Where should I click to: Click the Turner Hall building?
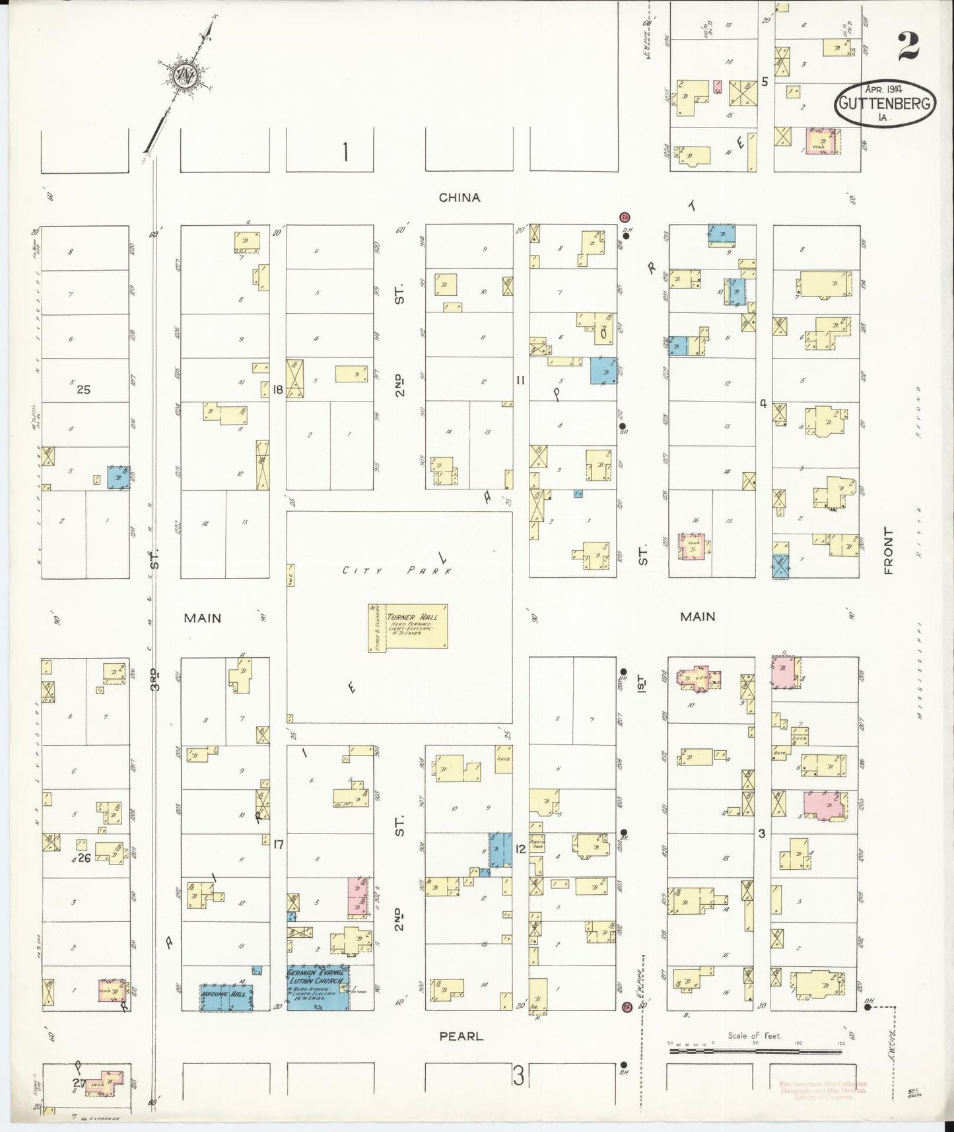408,627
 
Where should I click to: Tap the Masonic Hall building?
226,997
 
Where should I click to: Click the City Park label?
397,571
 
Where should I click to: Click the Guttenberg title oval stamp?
885,106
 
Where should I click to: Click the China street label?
460,197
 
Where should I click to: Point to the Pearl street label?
461,1036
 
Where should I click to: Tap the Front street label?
888,551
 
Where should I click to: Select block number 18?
277,390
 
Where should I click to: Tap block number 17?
278,843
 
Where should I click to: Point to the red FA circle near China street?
625,217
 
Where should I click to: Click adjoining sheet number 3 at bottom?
518,1078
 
